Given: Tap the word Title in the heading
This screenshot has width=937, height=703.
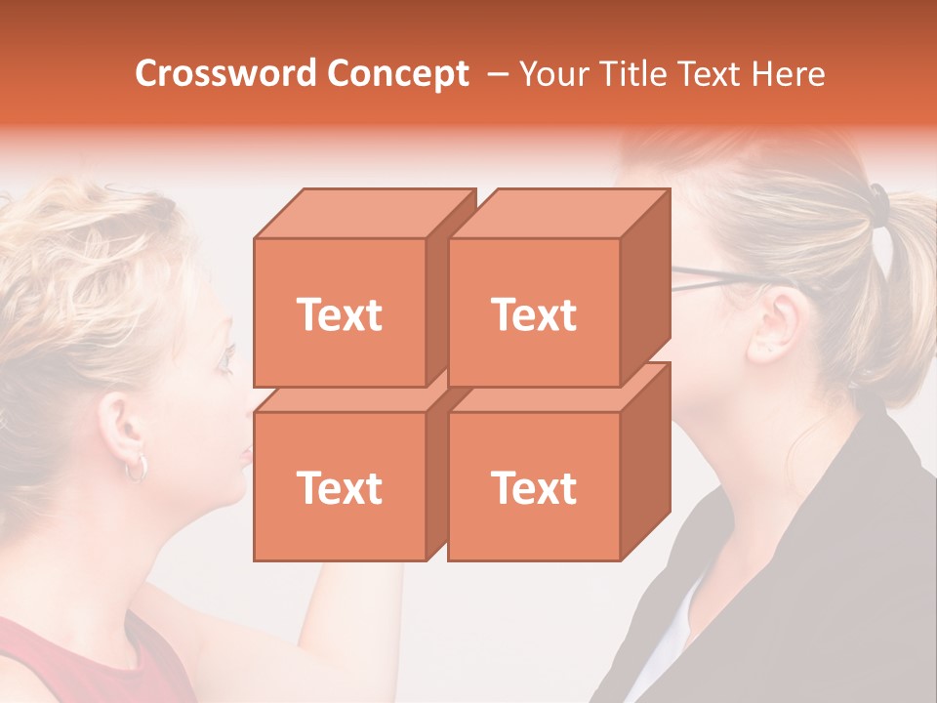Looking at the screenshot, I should [629, 73].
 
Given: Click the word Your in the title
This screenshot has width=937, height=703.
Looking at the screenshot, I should [550, 73].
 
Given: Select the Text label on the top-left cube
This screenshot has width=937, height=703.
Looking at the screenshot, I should [340, 314].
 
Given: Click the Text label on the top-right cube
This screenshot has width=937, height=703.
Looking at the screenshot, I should [534, 314].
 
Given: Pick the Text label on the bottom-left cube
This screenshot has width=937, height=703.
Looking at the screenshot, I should [340, 487].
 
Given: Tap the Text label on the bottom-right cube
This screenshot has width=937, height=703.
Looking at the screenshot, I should [534, 487].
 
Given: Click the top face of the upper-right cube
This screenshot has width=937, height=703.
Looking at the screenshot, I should [559, 213].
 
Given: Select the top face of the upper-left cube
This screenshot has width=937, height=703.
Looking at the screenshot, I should [365, 213].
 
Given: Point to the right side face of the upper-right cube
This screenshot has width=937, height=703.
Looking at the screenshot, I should [645, 288].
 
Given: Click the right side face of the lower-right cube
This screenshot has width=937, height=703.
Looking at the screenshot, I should [645, 462].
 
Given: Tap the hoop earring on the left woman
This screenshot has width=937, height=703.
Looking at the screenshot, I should [136, 468].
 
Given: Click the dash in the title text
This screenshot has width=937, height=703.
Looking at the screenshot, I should [496, 74].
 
